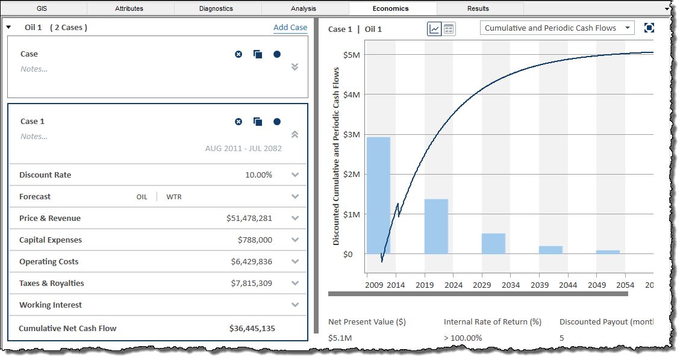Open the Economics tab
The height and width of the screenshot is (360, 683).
pyautogui.click(x=390, y=8)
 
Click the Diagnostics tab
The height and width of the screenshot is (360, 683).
pyautogui.click(x=216, y=8)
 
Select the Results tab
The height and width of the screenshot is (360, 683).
pyautogui.click(x=478, y=8)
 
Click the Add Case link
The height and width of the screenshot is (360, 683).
pyautogui.click(x=290, y=28)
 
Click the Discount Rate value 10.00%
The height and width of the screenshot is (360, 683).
pyautogui.click(x=258, y=175)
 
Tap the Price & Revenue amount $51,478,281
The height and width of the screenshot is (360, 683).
pyautogui.click(x=247, y=219)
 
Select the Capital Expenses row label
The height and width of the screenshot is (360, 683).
pyautogui.click(x=51, y=240)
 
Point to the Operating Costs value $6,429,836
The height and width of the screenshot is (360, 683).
pyautogui.click(x=251, y=262)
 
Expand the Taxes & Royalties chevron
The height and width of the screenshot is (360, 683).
pyautogui.click(x=295, y=284)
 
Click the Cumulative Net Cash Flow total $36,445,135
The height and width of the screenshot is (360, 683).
pyautogui.click(x=252, y=329)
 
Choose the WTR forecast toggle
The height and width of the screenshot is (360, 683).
pyautogui.click(x=174, y=197)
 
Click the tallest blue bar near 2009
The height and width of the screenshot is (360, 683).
pyautogui.click(x=378, y=196)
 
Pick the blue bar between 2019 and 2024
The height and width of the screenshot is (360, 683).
pyautogui.click(x=436, y=226)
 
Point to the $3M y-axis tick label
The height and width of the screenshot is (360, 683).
pyautogui.click(x=352, y=135)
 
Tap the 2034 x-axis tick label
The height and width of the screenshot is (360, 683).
pyautogui.click(x=511, y=285)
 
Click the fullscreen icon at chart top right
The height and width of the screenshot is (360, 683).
pyautogui.click(x=649, y=28)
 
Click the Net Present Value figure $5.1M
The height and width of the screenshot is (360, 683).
pyautogui.click(x=340, y=338)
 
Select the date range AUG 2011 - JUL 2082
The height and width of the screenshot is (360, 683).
pyautogui.click(x=243, y=149)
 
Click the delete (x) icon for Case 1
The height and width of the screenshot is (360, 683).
pyautogui.click(x=239, y=122)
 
